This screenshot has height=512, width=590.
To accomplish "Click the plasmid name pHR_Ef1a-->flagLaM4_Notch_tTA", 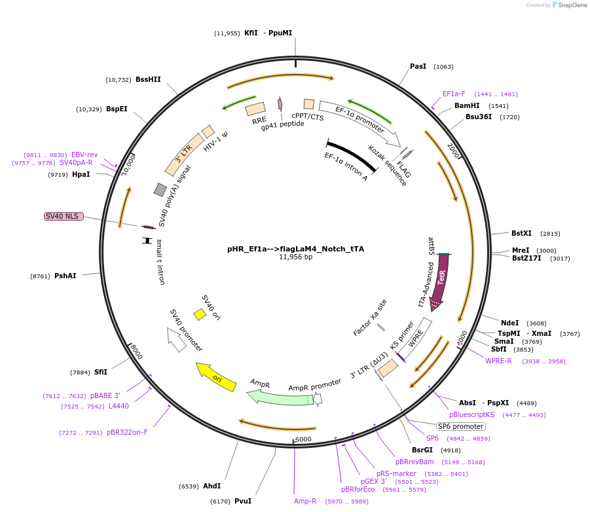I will point(295,249).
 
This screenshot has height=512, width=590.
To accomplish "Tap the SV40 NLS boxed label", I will point(64,216).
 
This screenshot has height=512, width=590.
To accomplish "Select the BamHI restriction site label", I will point(467,105).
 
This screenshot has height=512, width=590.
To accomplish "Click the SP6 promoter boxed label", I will point(460,426).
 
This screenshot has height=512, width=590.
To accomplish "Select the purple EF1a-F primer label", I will point(454,94).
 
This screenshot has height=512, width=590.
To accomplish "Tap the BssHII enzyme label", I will point(148,79).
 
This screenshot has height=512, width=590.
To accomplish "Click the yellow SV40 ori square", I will point(200,314).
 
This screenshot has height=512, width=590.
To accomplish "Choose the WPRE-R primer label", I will point(498,361).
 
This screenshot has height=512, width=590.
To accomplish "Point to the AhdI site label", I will point(212,486).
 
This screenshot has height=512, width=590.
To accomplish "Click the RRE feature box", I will point(255,109).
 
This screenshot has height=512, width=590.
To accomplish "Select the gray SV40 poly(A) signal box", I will point(160,190).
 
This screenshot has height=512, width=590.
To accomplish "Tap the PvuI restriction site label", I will point(242,501).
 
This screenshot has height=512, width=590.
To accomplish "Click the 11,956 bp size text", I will point(295,257).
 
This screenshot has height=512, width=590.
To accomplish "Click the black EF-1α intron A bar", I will point(352,156).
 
